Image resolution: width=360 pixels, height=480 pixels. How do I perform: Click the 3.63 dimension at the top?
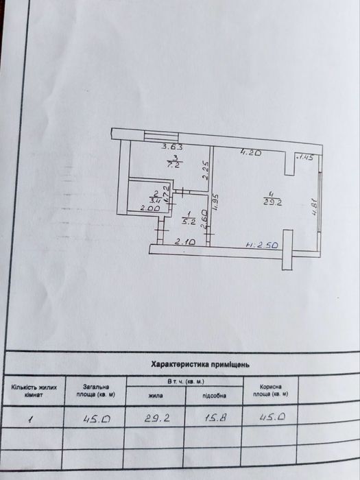pyautogui.click(x=172, y=146)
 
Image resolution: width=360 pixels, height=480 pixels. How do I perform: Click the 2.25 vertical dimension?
pyautogui.click(x=204, y=170)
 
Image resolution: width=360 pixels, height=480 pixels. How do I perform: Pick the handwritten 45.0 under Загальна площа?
pyautogui.click(x=91, y=416)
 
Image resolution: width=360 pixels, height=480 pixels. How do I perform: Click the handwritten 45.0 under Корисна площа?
pyautogui.click(x=270, y=416)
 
